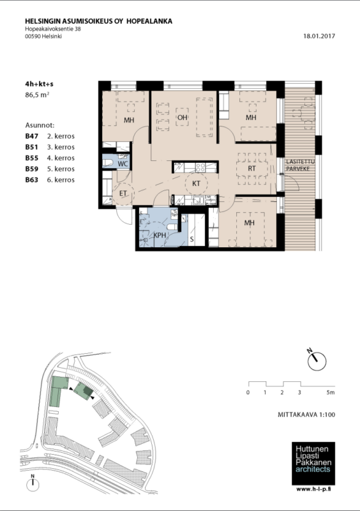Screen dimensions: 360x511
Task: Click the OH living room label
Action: (183, 118)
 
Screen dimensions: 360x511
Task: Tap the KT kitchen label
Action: (196, 184)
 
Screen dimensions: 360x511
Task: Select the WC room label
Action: (123, 164)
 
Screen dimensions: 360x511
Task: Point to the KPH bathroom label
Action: (160, 235)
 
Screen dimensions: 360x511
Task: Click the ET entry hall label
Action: (123, 194)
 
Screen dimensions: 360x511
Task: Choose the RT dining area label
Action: (251, 169)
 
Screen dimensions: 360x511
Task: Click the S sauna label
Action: (191, 239)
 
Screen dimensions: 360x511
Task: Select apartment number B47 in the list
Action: (32, 136)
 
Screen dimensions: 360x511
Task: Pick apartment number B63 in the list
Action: (32, 180)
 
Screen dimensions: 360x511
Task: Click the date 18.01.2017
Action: (319, 36)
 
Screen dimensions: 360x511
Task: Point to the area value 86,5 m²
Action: (37, 95)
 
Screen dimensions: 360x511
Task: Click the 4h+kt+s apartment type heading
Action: (39, 84)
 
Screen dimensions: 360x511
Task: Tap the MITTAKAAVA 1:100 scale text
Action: (306, 415)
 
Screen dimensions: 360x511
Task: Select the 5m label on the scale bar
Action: (331, 392)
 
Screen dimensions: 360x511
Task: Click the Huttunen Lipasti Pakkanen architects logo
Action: (313, 463)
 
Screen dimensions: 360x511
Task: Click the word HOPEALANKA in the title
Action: (149, 21)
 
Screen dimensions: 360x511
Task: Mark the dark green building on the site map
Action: (88, 391)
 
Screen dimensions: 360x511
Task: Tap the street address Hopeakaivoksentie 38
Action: (53, 29)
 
